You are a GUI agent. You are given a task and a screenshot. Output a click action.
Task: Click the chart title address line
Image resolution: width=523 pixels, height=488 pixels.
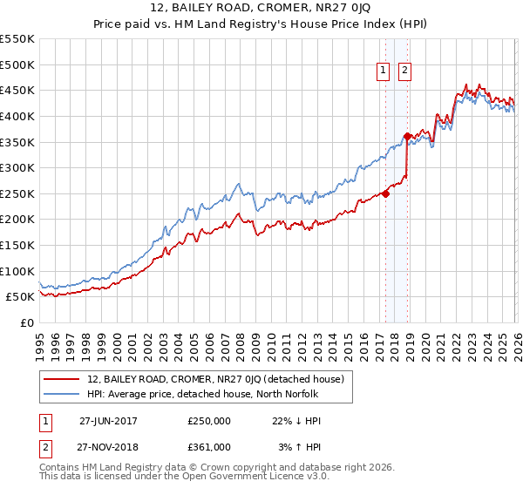click(x=261, y=9)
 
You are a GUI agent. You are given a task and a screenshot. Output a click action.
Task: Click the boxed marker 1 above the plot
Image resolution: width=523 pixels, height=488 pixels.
click(x=384, y=73)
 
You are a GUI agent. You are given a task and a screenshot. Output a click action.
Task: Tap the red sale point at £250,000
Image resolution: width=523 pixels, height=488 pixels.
click(x=385, y=193)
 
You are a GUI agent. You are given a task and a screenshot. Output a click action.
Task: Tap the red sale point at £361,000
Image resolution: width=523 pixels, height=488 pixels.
click(x=407, y=136)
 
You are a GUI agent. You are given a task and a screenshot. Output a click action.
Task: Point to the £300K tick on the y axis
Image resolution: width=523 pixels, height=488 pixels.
click(x=17, y=167)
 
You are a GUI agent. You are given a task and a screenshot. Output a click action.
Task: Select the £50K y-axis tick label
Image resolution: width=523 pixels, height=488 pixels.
click(x=20, y=297)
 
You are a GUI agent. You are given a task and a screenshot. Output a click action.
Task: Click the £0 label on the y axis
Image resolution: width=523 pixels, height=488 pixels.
click(x=28, y=322)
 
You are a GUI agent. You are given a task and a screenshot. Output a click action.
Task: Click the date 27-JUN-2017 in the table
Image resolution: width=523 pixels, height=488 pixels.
click(x=108, y=420)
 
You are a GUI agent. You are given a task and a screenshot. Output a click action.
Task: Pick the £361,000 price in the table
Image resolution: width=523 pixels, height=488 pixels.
click(x=209, y=446)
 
